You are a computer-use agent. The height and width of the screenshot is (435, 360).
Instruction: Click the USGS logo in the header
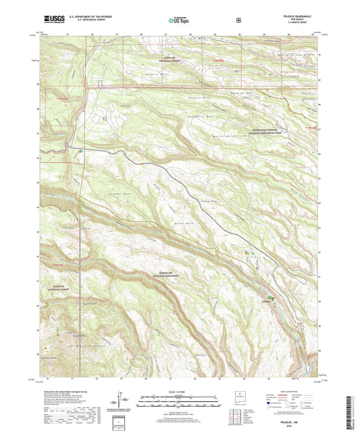click(53, 21)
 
